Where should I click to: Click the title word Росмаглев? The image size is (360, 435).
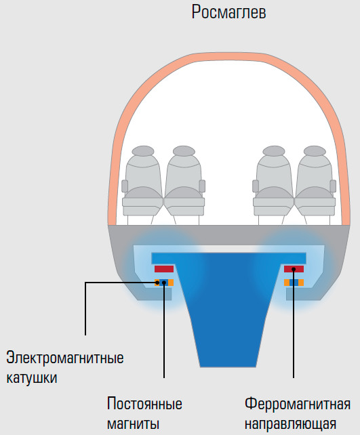(x=228, y=12)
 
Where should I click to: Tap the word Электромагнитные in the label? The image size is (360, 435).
(x=65, y=358)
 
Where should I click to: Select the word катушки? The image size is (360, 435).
(x=32, y=377)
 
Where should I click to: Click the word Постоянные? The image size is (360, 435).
(x=144, y=403)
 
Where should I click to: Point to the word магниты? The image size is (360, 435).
(x=134, y=424)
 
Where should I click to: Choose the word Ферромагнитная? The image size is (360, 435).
(x=297, y=404)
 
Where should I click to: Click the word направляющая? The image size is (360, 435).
(x=290, y=424)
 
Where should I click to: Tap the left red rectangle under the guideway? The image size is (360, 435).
(x=164, y=269)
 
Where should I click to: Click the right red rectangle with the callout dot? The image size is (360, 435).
(x=294, y=269)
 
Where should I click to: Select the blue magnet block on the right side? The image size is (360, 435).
(x=294, y=283)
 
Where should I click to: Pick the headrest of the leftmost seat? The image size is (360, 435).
(x=143, y=150)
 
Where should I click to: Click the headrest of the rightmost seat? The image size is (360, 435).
(x=315, y=150)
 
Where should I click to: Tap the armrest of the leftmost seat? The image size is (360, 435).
(x=125, y=186)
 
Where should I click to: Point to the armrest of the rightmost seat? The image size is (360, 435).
(x=333, y=186)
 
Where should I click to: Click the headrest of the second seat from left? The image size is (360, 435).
(x=184, y=150)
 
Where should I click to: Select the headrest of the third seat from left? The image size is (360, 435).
(x=274, y=150)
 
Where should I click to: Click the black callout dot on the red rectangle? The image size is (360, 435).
(x=294, y=269)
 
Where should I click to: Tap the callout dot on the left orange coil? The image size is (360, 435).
(x=157, y=283)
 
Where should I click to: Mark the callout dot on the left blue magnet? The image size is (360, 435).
(x=164, y=283)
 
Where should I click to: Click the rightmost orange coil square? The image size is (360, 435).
(x=301, y=283)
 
